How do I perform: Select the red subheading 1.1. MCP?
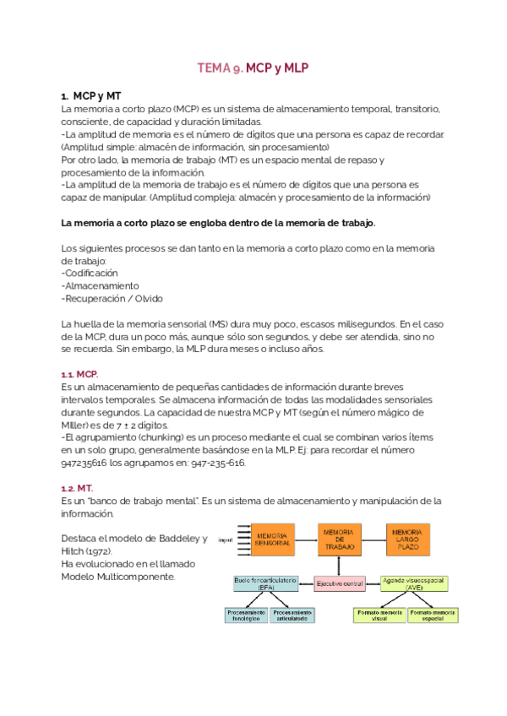pyautogui.click(x=79, y=373)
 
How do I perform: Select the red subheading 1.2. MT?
pyautogui.click(x=77, y=488)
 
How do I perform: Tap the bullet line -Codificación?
pyautogui.click(x=90, y=273)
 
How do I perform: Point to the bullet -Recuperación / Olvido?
pyautogui.click(x=112, y=298)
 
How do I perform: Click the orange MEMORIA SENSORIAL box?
pyautogui.click(x=274, y=540)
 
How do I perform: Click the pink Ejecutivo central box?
pyautogui.click(x=341, y=583)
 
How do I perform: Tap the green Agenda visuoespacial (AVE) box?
pyautogui.click(x=414, y=583)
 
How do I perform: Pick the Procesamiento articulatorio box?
pyautogui.click(x=292, y=616)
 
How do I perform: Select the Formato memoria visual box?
pyautogui.click(x=379, y=616)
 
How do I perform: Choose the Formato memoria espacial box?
pyautogui.click(x=433, y=616)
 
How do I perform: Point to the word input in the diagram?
pyautogui.click(x=226, y=539)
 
